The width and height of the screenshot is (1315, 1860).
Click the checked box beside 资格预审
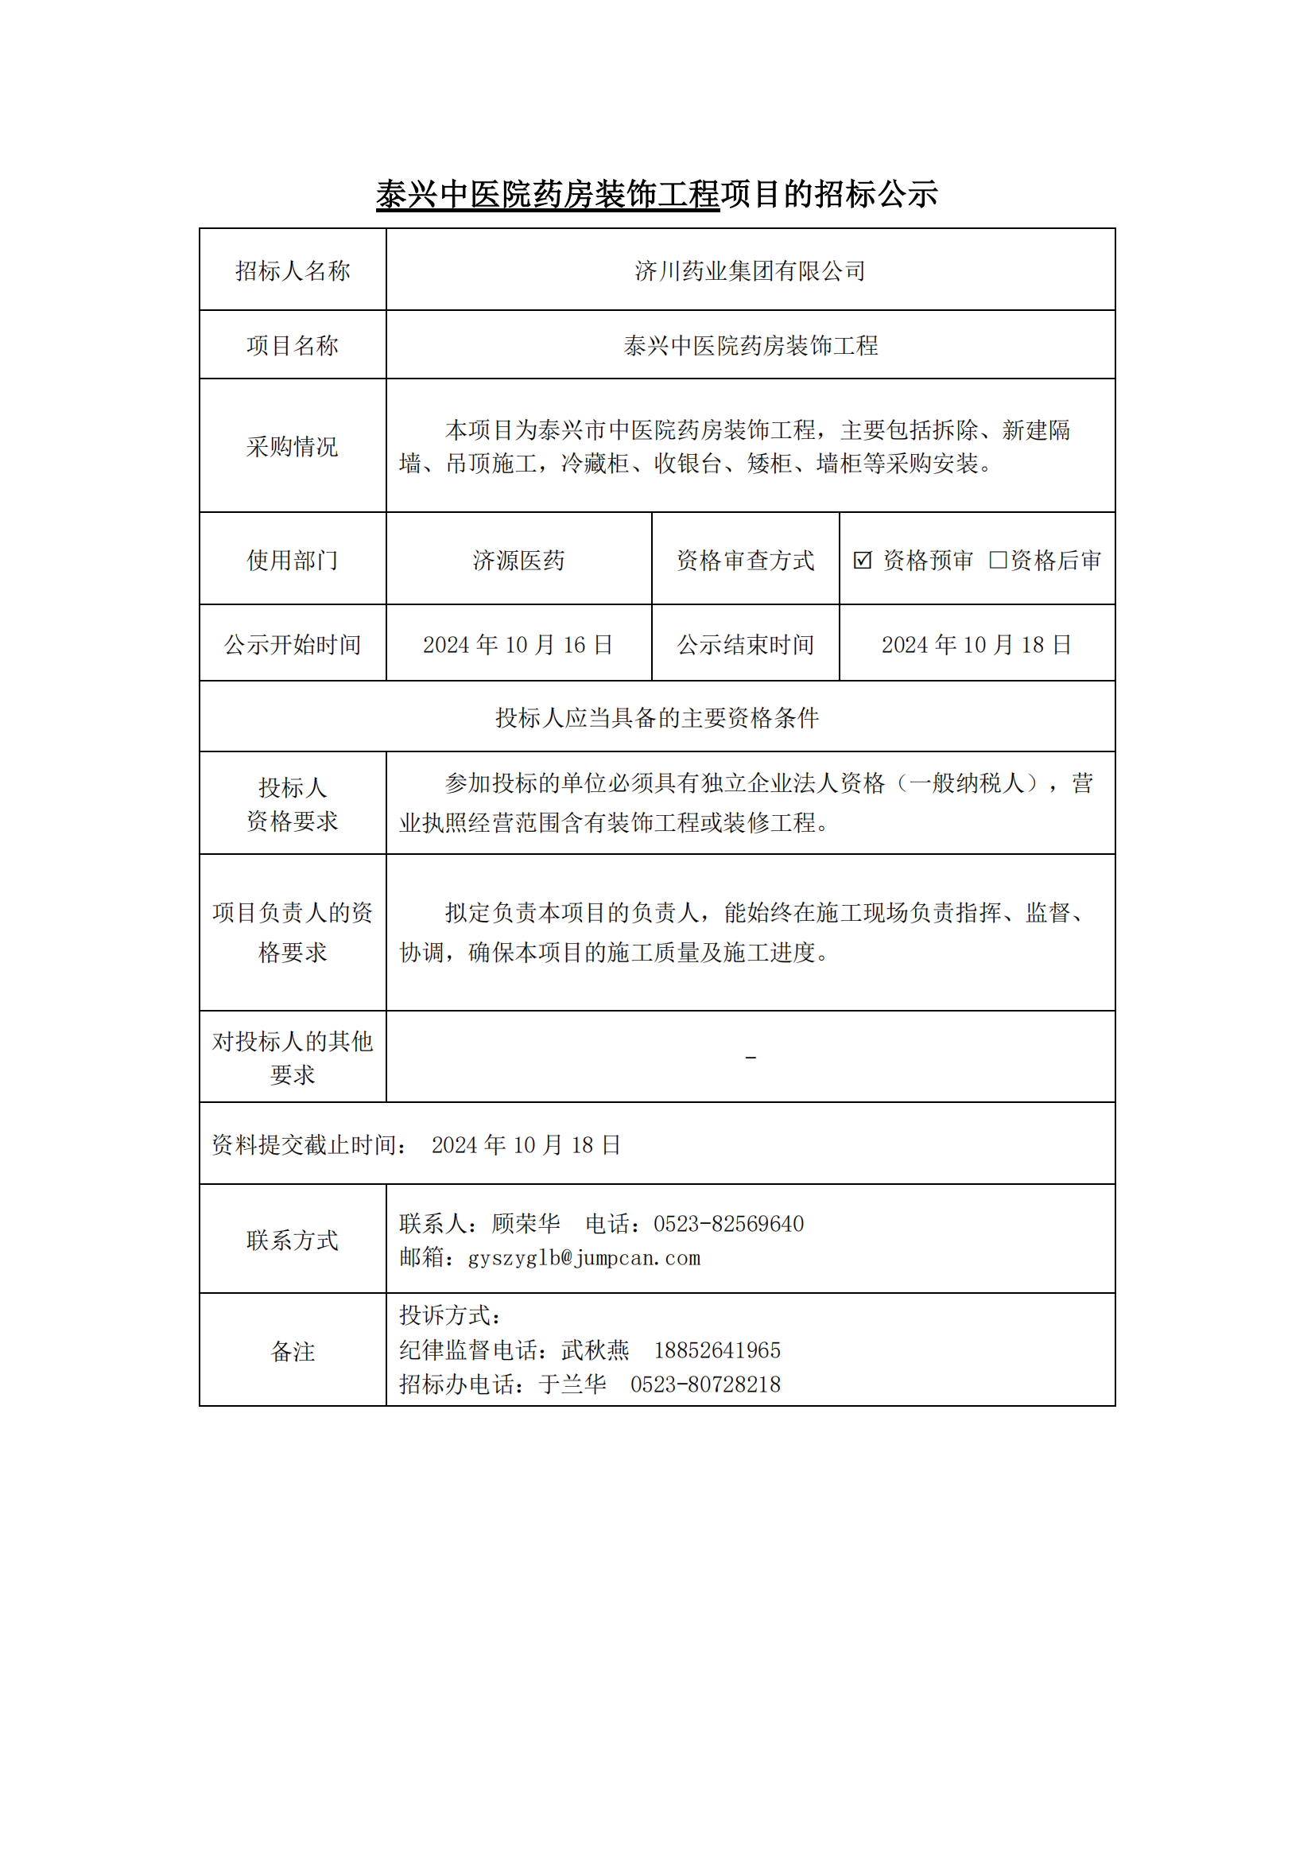pos(862,560)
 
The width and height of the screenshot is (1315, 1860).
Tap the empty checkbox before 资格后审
pos(998,560)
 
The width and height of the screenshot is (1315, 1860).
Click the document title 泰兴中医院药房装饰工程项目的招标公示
pos(657,194)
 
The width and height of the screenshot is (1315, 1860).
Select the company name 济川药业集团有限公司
pos(750,270)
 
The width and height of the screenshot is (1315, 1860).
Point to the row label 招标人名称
pos(293,270)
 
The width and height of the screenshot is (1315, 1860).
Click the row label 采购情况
pos(293,446)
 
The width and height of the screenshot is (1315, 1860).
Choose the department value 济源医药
pos(518,560)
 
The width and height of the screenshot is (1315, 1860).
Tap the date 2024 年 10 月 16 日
pos(518,645)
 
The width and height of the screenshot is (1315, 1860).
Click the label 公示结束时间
pos(745,645)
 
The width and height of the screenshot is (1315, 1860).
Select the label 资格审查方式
pos(745,560)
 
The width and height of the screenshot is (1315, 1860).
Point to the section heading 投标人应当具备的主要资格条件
pos(657,718)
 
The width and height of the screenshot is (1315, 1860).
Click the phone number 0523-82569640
pos(729,1224)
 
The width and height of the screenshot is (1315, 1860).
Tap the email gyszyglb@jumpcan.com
pos(584,1258)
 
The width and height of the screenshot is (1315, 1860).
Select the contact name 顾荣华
pos(526,1224)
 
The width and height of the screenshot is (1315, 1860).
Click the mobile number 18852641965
pos(717,1350)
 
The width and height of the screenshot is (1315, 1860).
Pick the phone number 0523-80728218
pos(705,1384)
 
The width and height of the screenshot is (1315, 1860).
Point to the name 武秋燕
pos(595,1350)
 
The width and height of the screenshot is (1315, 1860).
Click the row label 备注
pos(293,1351)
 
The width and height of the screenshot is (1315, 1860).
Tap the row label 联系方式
pos(293,1241)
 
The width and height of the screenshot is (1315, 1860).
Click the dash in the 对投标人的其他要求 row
pos(751,1058)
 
